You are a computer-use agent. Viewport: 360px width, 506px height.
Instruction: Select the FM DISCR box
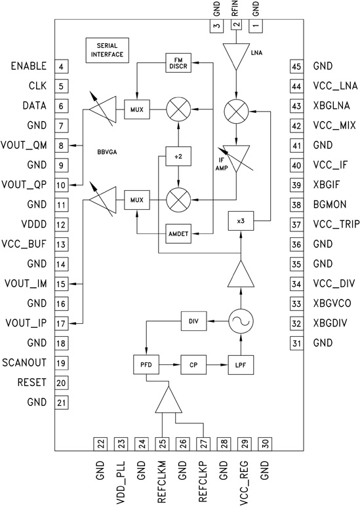tap(176, 64)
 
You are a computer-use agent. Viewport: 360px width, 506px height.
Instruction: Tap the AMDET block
tap(176, 234)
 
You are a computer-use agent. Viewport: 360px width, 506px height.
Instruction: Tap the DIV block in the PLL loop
tap(193, 321)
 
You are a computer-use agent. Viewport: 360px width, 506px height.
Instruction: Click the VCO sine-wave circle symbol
tap(241, 321)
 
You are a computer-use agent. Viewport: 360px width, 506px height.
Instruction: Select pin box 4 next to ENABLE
tap(60, 66)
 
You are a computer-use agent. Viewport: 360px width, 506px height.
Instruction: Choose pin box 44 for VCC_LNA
tap(296, 86)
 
